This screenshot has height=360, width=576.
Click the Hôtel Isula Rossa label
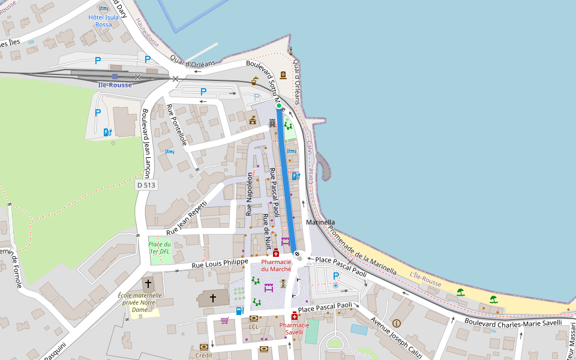(104, 21)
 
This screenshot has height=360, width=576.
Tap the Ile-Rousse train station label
(115, 85)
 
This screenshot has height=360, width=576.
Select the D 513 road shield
(146, 185)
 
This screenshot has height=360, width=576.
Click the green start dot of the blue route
(278, 106)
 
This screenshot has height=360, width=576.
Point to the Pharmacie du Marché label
(276, 266)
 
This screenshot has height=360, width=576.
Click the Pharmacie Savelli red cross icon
(294, 316)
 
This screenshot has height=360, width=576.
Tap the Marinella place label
(320, 222)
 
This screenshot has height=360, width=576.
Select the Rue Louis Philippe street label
(220, 263)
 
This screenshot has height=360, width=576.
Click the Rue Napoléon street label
(250, 194)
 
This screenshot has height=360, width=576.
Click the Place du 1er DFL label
(160, 248)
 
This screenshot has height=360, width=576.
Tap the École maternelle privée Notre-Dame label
(140, 303)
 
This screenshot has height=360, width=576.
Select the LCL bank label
(253, 327)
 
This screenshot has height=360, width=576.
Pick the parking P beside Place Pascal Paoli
(335, 276)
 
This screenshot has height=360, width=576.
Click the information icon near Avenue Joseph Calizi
(396, 323)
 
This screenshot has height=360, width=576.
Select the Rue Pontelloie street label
(177, 125)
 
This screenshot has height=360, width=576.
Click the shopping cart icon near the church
(224, 320)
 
